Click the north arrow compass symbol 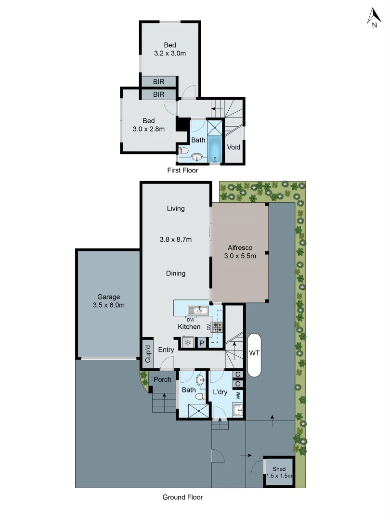click(374, 18)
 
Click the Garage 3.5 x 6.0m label click(108, 301)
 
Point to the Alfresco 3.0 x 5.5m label click(240, 252)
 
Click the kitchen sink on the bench click(197, 311)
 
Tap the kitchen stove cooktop click(217, 327)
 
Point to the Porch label click(162, 379)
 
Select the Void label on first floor click(234, 147)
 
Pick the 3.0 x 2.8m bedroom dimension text click(149, 129)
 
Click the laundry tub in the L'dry click(237, 410)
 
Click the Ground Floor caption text click(182, 497)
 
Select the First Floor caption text click(182, 170)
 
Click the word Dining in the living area click(176, 273)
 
